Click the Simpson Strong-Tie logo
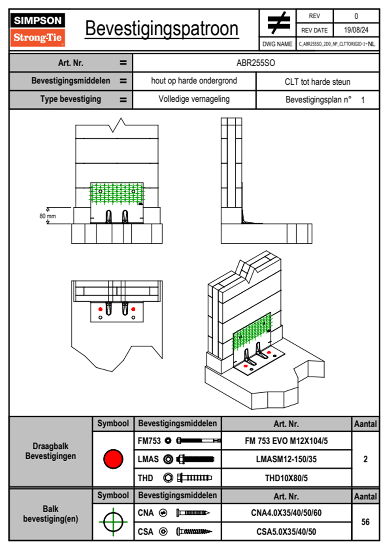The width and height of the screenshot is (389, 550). pos(38,29)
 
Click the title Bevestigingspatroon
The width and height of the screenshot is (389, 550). pos(161,29)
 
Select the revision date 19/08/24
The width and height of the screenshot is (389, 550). pos(356,30)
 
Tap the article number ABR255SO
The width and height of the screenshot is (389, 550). pos(256,63)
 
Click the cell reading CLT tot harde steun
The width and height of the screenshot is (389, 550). pos(317,82)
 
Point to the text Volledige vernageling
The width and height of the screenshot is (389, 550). pos(194,99)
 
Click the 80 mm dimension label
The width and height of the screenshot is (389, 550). pos(48,216)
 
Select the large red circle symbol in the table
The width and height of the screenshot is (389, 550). pos(113,459)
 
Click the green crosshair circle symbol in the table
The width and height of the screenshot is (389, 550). pos(113,522)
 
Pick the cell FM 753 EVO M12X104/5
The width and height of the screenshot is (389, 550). pos(286,441)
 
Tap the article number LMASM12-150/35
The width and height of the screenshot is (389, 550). pos(286,459)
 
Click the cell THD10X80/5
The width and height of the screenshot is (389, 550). pos(286,478)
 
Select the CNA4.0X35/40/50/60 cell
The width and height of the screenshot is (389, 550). pos(286,513)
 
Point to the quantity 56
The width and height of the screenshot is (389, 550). pos(365,522)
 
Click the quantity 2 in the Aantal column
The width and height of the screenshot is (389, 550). pos(365,459)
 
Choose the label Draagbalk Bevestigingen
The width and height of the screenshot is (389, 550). pos(51,451)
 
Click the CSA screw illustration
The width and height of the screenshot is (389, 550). pos(194,532)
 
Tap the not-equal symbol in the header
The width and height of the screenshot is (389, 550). pos(278,23)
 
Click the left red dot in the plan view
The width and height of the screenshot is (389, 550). pos(100,309)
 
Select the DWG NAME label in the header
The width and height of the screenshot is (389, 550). pos(277,44)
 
